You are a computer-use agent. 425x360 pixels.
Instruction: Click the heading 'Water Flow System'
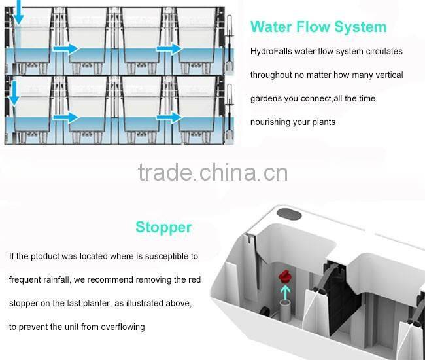(318, 27)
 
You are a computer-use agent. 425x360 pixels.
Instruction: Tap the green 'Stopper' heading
(163, 227)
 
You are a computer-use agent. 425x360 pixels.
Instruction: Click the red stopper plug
(284, 278)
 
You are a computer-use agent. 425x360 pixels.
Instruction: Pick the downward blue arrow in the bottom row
(13, 95)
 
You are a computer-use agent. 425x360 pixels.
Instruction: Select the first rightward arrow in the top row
(65, 48)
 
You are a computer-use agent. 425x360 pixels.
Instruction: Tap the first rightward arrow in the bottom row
(65, 118)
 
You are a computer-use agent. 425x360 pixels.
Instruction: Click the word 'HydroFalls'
(271, 51)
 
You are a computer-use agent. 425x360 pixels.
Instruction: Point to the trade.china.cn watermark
(212, 173)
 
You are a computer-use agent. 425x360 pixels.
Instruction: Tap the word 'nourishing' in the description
(273, 122)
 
